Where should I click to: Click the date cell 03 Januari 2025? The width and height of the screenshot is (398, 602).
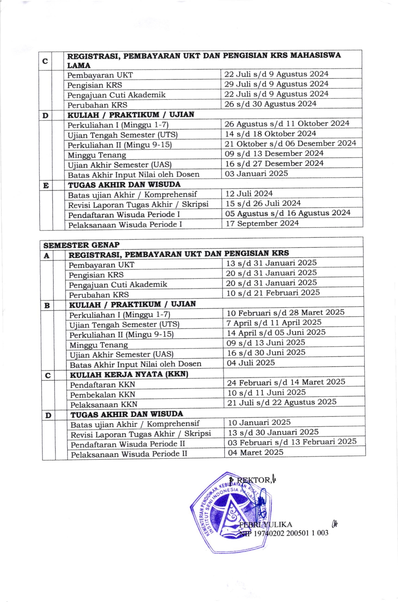(256, 174)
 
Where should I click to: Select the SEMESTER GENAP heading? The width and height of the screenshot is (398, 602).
(81, 245)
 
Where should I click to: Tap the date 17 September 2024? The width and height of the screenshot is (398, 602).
(262, 223)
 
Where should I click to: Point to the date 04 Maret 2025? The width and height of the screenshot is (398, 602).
(256, 452)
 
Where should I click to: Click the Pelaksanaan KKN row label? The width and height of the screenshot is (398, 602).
(104, 405)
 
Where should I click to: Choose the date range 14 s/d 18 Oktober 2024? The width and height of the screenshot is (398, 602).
(270, 134)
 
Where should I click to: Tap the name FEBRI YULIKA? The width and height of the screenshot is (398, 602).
(266, 525)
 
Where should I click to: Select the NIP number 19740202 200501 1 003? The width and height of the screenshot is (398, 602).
(291, 533)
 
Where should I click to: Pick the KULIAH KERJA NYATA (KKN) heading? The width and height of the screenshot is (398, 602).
(129, 375)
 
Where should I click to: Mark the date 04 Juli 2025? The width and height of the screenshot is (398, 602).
(251, 363)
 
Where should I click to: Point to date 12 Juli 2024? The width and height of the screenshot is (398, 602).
(249, 194)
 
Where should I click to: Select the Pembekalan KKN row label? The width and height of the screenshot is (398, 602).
(103, 395)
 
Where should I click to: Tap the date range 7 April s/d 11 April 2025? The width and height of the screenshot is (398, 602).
(274, 323)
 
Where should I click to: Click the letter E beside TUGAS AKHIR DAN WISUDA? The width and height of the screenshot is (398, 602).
(46, 186)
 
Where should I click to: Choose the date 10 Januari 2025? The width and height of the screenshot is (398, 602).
(259, 423)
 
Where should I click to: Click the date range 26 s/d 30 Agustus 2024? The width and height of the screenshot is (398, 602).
(270, 104)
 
